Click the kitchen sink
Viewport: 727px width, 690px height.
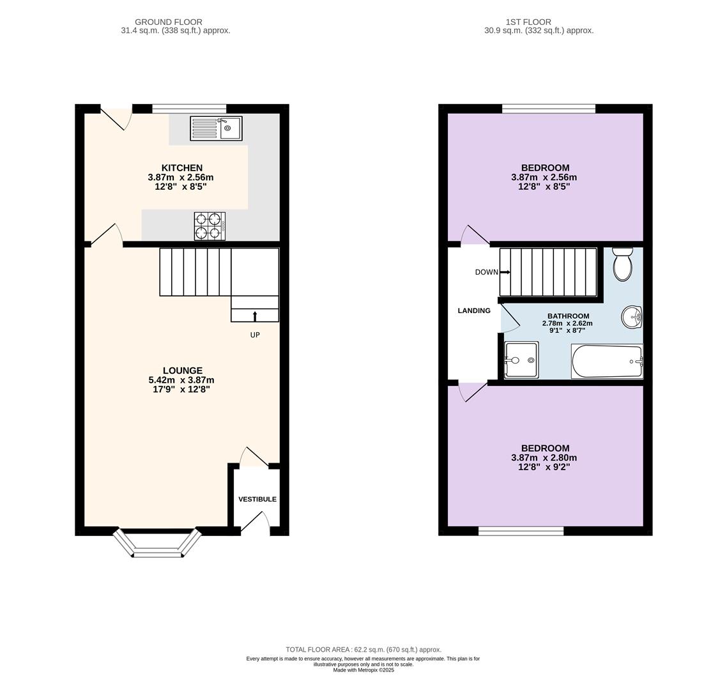click(x=216, y=128)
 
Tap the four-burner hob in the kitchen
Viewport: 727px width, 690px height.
click(x=210, y=226)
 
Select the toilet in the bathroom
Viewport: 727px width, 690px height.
click(x=623, y=264)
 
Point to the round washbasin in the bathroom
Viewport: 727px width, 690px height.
click(x=632, y=318)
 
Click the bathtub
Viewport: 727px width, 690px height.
click(x=608, y=361)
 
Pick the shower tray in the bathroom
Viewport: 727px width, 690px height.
click(x=521, y=360)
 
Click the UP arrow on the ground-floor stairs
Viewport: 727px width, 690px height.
click(x=254, y=316)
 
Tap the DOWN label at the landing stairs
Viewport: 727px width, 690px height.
click(x=486, y=272)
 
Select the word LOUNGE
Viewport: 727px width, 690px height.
click(x=183, y=371)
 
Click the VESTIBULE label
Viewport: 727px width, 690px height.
click(x=257, y=499)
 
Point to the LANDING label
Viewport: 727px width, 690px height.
click(x=474, y=310)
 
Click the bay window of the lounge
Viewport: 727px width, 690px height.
click(x=158, y=543)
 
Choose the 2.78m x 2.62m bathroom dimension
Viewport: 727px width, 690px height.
click(x=567, y=323)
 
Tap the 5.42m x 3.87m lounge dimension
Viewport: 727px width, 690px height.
click(x=181, y=380)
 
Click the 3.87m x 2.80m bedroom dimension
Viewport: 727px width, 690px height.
click(x=544, y=457)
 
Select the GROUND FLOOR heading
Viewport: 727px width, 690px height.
click(x=168, y=22)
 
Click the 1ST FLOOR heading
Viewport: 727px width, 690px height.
click(x=528, y=22)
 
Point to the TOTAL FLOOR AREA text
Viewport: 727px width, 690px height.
click(x=363, y=650)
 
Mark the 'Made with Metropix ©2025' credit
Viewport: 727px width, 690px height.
click(x=363, y=670)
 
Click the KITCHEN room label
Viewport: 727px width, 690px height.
click(x=181, y=168)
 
